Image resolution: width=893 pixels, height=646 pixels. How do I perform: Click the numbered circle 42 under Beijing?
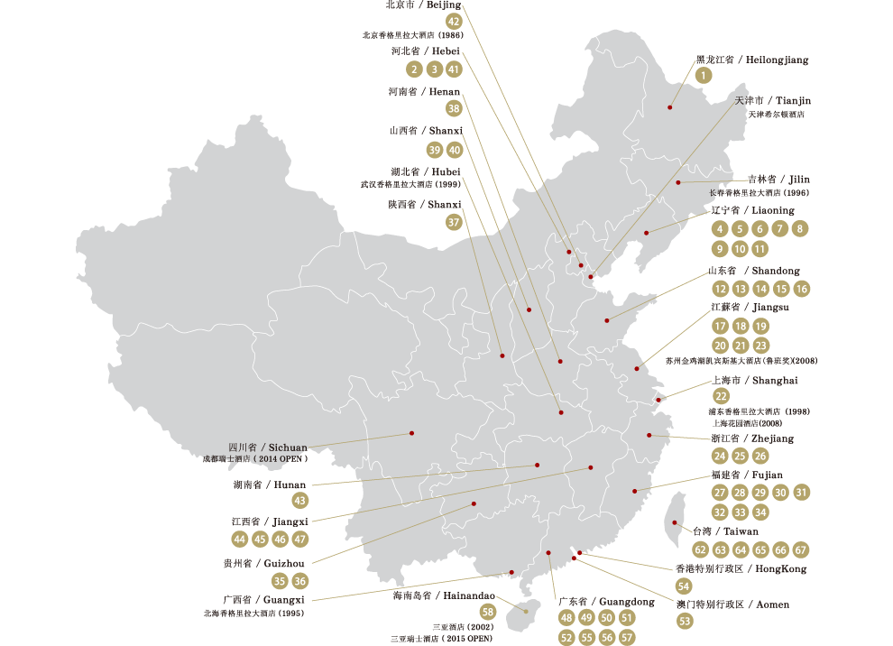454,22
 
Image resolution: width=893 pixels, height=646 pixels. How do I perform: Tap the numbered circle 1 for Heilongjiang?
703,77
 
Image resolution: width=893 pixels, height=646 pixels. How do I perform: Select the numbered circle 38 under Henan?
454,108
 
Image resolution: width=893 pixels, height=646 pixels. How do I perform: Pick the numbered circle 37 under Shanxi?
454,221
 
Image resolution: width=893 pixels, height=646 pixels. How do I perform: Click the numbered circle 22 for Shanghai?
721,396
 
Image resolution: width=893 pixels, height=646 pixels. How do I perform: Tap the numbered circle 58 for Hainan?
488,614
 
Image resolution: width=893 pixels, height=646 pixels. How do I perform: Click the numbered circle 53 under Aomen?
685,621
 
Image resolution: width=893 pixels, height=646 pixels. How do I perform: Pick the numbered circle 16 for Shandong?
802,289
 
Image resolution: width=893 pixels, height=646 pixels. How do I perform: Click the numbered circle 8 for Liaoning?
799,229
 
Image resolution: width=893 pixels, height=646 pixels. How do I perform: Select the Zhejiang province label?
752,438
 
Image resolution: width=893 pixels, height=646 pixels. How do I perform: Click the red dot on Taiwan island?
674,522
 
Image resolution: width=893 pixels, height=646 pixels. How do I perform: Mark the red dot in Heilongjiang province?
670,108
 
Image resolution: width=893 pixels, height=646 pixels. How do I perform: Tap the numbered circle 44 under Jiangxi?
239,539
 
